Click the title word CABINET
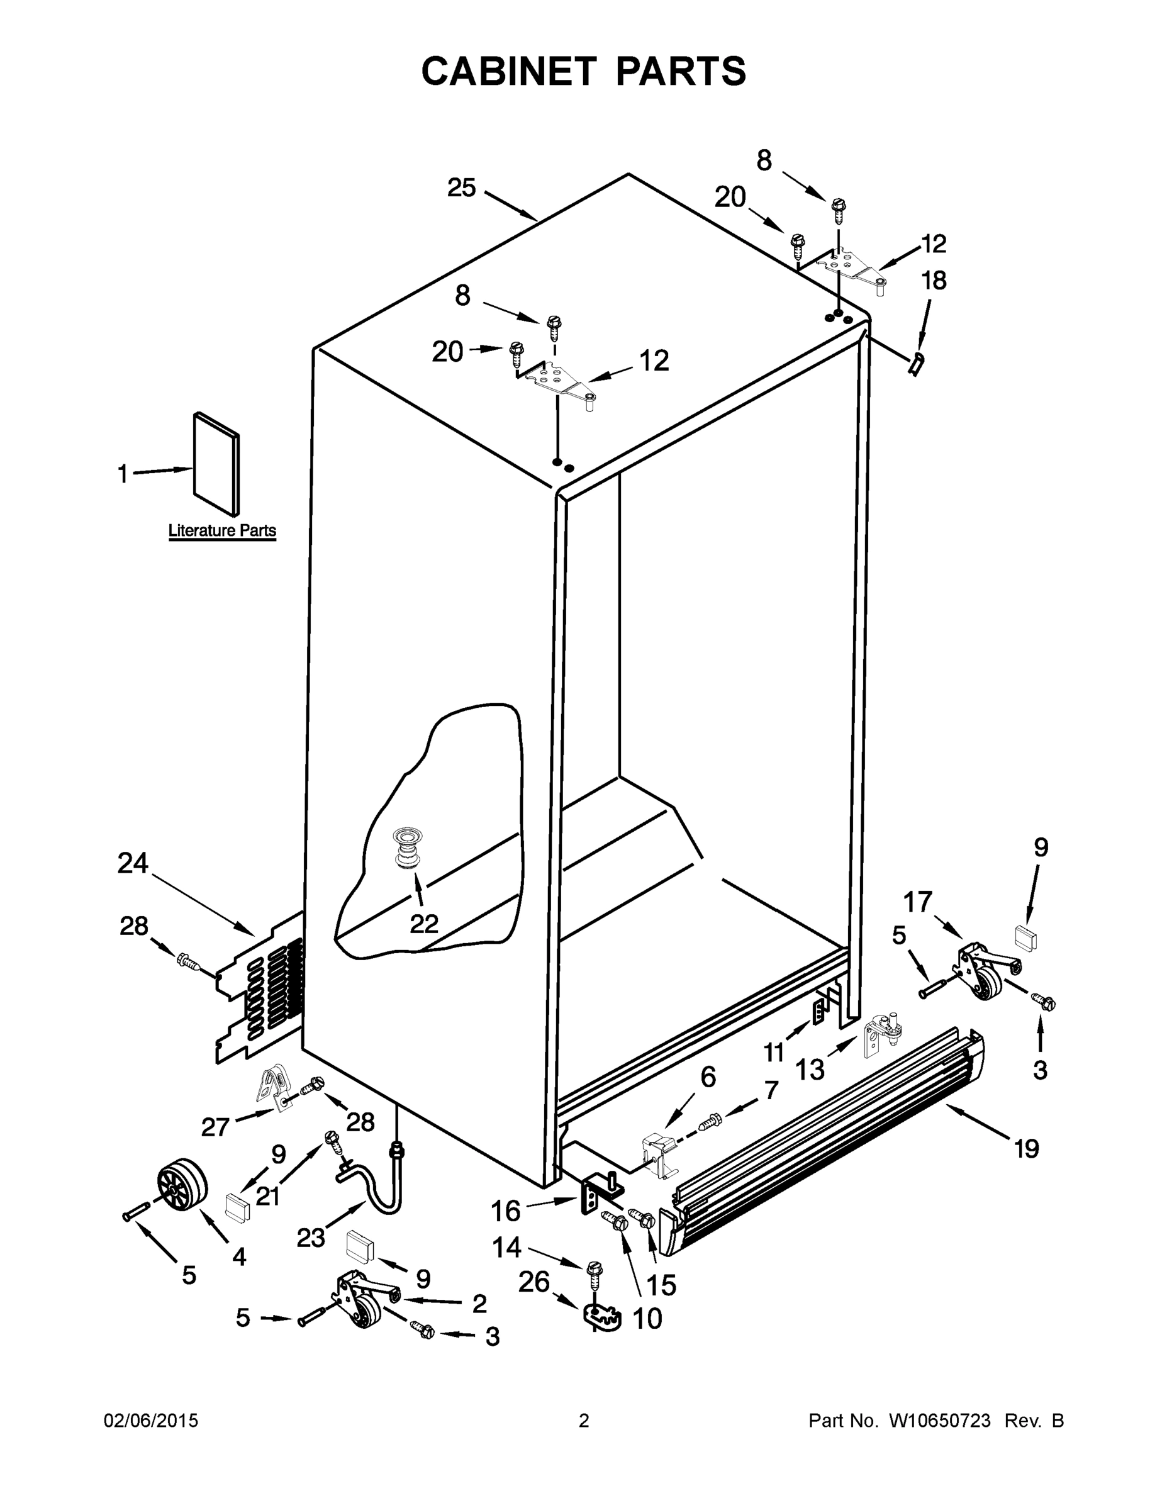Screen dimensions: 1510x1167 508,70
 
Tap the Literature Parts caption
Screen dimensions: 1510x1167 222,531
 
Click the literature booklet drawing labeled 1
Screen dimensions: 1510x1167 216,464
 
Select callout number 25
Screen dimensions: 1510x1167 461,187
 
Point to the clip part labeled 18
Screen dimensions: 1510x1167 917,362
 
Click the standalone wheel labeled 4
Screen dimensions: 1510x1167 182,1184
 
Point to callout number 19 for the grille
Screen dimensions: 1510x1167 1027,1148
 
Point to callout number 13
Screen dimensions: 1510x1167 810,1070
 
